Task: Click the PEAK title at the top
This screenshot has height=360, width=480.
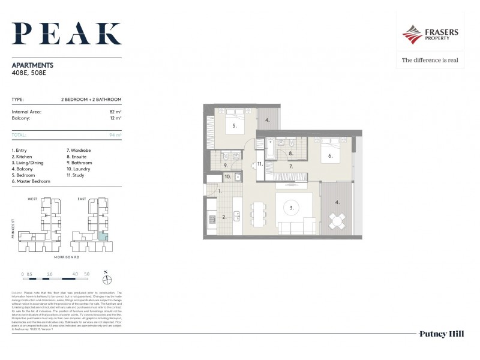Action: [x=67, y=34]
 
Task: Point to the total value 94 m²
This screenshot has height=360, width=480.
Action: [x=115, y=135]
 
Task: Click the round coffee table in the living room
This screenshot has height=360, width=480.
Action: [x=292, y=208]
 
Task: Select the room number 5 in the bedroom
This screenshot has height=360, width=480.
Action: [x=234, y=127]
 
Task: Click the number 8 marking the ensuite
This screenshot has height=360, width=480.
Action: [x=290, y=154]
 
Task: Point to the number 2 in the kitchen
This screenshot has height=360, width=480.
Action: [x=224, y=217]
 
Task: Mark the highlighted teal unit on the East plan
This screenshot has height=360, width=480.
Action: [x=103, y=236]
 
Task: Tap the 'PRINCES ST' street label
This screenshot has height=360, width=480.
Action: [x=13, y=229]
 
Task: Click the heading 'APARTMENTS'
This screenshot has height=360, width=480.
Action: [x=32, y=65]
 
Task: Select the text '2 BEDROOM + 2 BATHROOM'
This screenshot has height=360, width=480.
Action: [x=91, y=99]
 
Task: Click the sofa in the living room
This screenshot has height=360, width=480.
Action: [x=296, y=227]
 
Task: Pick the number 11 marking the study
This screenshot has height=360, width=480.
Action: [x=260, y=164]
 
